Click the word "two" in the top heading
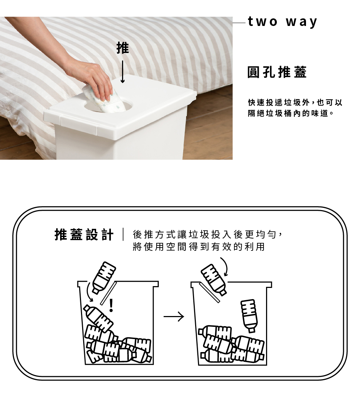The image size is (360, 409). tap(263, 22)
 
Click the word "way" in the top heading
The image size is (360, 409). tap(302, 22)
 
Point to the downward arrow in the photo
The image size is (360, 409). tap(122, 72)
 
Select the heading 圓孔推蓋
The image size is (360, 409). tap(277, 72)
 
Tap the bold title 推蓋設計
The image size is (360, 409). tap(84, 235)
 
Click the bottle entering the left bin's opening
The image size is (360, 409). tap(103, 277)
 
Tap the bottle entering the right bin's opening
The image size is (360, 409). tap(213, 279)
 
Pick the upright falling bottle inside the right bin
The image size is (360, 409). tap(249, 316)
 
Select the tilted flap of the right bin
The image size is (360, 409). tap(210, 293)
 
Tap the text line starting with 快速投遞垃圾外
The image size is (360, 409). tap(295, 102)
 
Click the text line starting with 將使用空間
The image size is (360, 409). tap(199, 246)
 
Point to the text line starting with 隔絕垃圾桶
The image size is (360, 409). tap(291, 114)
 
